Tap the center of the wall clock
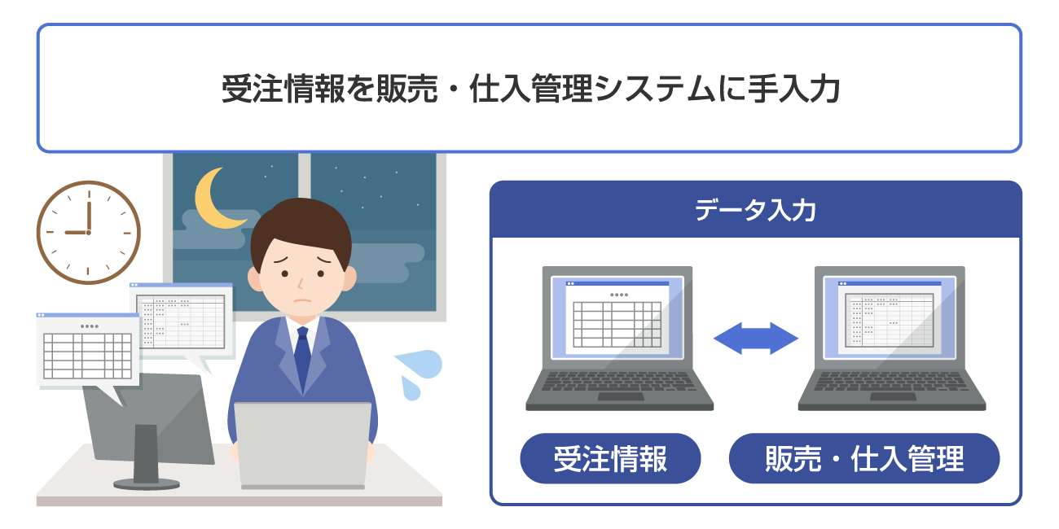tap(89, 233)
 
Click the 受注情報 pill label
tap(610, 459)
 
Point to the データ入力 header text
tap(755, 211)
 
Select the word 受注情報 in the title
tap(278, 89)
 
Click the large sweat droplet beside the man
tap(420, 364)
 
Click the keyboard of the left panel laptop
tap(619, 383)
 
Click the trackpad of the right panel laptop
tap(893, 397)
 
